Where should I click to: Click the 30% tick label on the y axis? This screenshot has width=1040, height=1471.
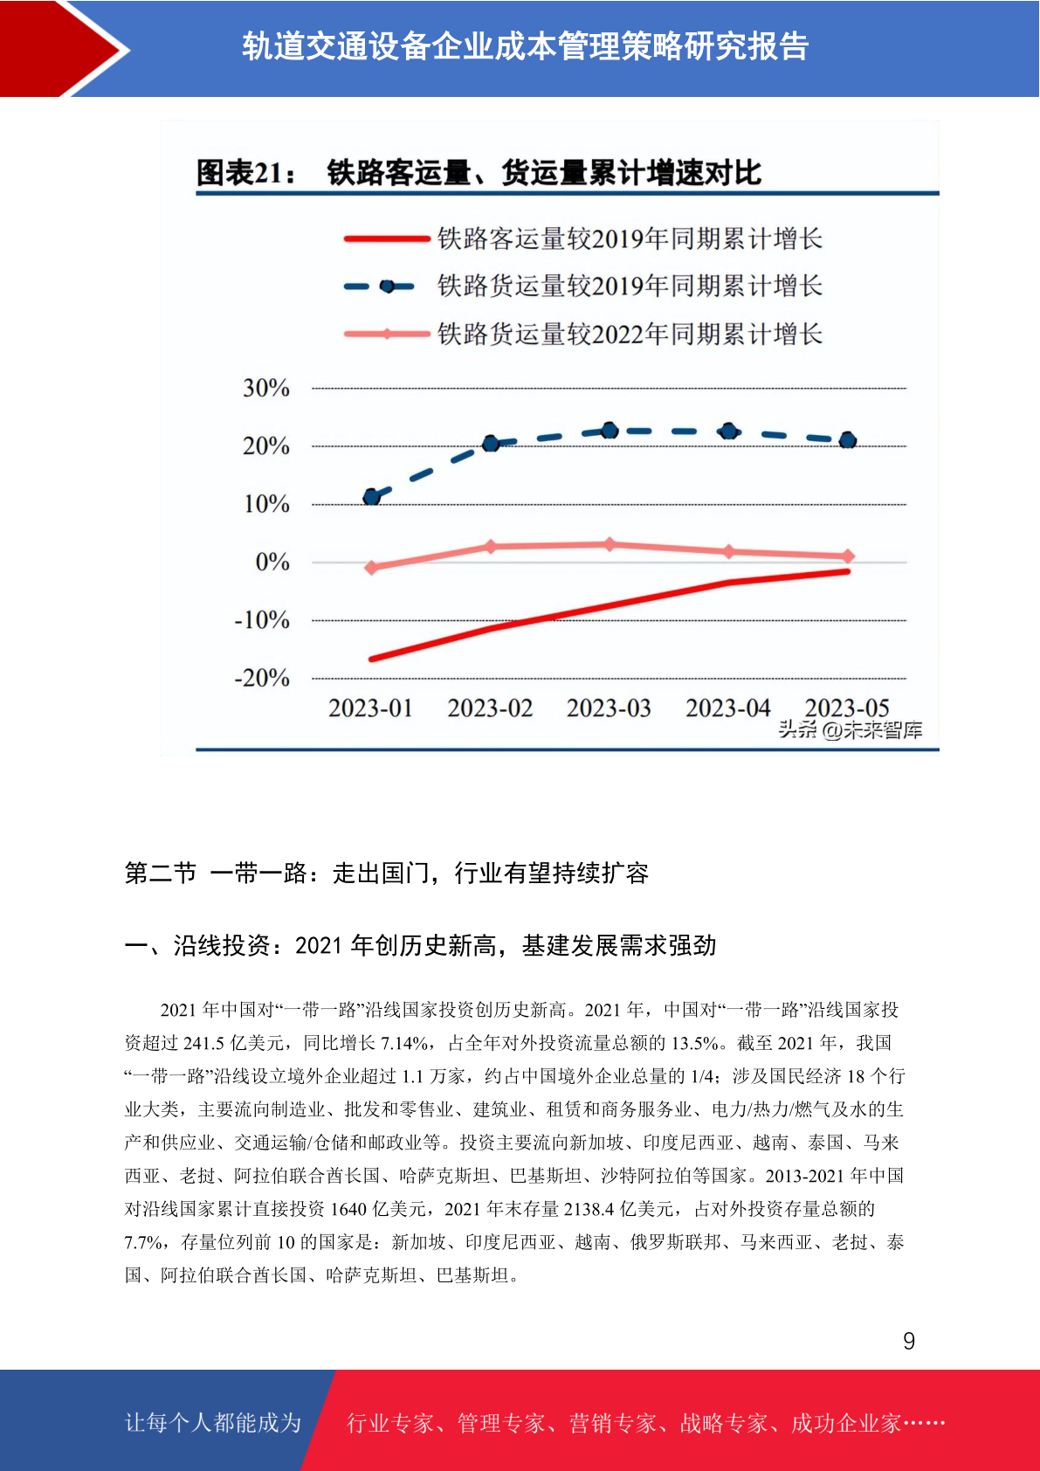pyautogui.click(x=266, y=388)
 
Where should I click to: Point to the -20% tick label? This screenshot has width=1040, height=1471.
pyautogui.click(x=262, y=677)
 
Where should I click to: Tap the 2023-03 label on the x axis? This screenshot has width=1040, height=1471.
pyautogui.click(x=609, y=708)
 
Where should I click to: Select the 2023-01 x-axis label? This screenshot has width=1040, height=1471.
pyautogui.click(x=370, y=708)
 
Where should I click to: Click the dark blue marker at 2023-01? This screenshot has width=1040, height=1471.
pyautogui.click(x=372, y=496)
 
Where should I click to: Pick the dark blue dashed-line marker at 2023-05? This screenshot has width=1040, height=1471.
pyautogui.click(x=848, y=440)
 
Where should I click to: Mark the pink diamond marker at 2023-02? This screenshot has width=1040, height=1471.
pyautogui.click(x=491, y=546)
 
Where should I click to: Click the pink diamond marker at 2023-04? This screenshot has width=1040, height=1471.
pyautogui.click(x=729, y=552)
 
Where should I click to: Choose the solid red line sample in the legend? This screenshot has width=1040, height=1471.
pyautogui.click(x=386, y=239)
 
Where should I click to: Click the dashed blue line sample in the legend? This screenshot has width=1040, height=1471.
pyautogui.click(x=380, y=287)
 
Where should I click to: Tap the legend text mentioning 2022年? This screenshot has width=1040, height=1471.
pyautogui.click(x=630, y=335)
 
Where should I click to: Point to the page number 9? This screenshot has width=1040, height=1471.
pyautogui.click(x=909, y=1340)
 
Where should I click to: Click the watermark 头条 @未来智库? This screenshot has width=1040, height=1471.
pyautogui.click(x=851, y=729)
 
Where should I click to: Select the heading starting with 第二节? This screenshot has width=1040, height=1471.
pyautogui.click(x=387, y=873)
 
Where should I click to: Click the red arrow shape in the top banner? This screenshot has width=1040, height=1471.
pyautogui.click(x=62, y=49)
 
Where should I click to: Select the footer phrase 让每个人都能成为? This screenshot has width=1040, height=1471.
pyautogui.click(x=213, y=1422)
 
